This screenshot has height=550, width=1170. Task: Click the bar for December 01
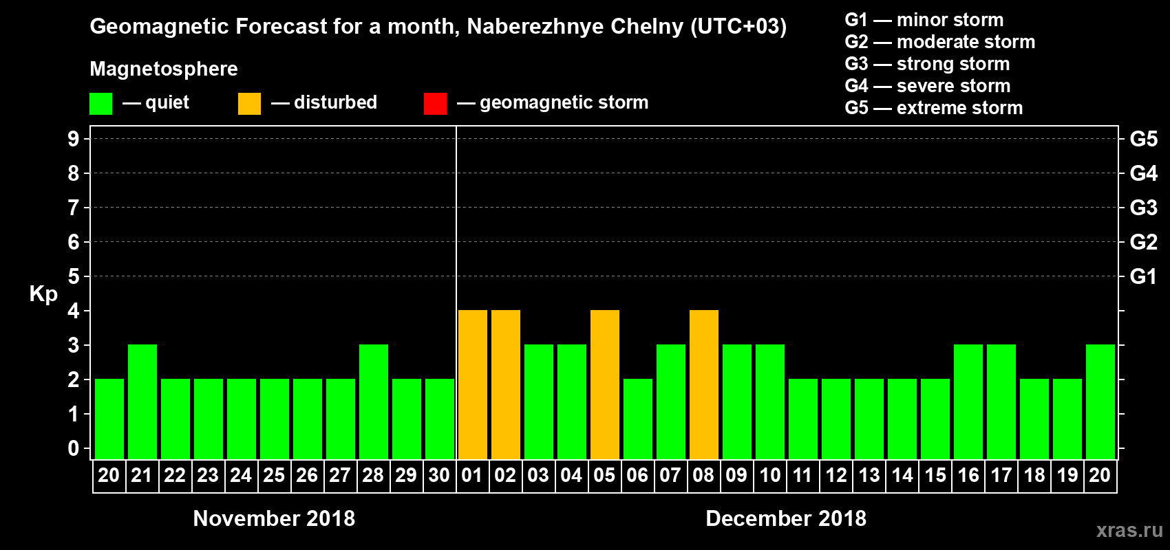tap(473, 385)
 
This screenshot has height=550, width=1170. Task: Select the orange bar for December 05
tap(605, 385)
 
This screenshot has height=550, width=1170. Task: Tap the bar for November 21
tap(142, 402)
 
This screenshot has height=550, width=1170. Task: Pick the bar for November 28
tap(374, 402)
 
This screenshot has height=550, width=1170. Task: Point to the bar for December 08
tap(704, 385)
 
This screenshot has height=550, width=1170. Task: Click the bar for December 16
tap(968, 402)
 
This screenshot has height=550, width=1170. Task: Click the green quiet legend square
tap(100, 104)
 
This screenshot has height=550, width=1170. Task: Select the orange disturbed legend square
tap(249, 104)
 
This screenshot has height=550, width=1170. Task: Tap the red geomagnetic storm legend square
tap(435, 104)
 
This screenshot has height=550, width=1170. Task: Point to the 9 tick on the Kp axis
tap(74, 139)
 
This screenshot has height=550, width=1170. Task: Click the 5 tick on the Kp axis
tap(74, 276)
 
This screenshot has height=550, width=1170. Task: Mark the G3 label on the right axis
tap(1143, 208)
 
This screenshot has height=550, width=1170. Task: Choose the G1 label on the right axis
tap(1143, 276)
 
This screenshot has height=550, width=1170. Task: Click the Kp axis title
tap(43, 294)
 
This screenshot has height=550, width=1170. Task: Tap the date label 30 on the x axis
tap(439, 476)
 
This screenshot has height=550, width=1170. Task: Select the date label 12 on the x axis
tap(836, 476)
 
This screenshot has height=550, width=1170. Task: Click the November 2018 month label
tap(274, 518)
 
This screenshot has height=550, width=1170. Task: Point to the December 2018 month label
tap(786, 518)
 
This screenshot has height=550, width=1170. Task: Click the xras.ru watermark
tap(1129, 530)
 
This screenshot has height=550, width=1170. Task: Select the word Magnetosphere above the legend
tap(164, 69)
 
